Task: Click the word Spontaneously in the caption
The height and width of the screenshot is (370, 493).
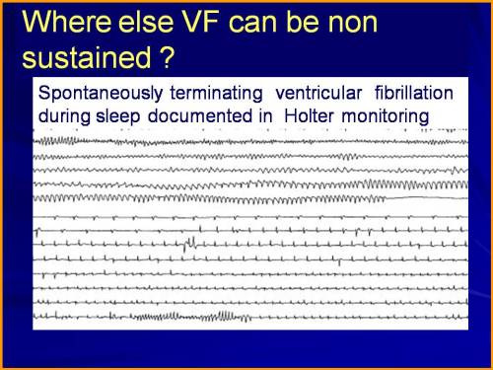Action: (95, 94)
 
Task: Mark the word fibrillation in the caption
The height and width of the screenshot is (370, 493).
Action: (412, 94)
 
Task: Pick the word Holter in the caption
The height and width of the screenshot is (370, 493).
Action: (314, 115)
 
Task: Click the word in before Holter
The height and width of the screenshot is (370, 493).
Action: (271, 115)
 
